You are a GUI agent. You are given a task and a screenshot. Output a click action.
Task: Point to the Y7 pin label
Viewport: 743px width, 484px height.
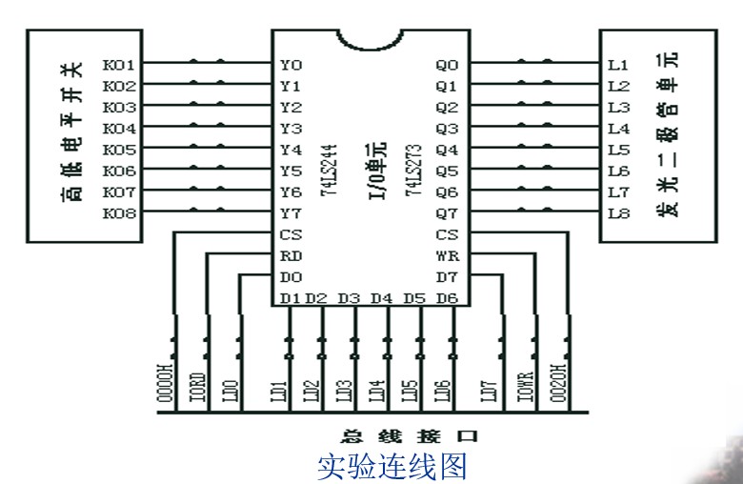pos(291,214)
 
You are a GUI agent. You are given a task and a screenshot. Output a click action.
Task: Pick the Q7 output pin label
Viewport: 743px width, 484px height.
pos(446,214)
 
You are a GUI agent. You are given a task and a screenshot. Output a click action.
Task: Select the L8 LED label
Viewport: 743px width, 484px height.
pos(618,214)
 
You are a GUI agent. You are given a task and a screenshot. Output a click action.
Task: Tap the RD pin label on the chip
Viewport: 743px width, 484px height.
pos(291,255)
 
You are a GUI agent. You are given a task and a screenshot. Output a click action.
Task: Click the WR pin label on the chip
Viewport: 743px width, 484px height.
pos(446,255)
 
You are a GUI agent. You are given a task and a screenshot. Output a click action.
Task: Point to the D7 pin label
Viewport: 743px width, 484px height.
pos(446,276)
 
